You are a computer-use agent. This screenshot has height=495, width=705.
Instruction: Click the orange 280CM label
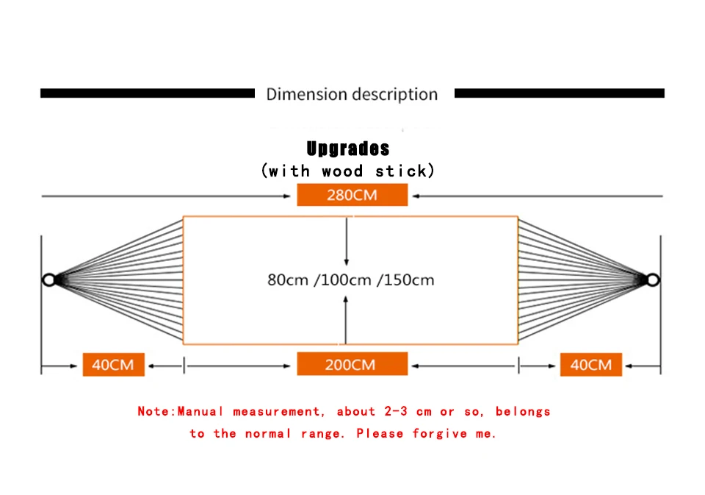352,195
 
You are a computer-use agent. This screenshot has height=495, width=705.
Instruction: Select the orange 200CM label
352,364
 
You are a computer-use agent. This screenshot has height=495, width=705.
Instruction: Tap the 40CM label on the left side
113,364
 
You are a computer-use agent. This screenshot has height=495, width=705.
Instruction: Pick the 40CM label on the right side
590,364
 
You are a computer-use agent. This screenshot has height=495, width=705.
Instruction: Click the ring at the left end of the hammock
43,279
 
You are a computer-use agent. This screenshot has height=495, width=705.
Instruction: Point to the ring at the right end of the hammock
659,279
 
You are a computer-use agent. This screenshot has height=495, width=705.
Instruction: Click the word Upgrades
348,149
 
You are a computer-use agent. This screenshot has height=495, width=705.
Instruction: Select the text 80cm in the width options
288,279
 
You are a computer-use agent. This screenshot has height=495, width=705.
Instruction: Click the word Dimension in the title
307,94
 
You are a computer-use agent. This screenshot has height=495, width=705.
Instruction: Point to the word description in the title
395,95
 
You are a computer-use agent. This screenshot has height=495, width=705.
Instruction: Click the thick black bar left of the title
148,93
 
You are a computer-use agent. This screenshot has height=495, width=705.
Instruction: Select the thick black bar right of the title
560,93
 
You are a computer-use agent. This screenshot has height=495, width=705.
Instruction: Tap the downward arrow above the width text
346,241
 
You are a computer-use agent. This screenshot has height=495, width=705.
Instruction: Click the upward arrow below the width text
345,320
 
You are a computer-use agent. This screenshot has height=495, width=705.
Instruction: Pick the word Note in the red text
153,411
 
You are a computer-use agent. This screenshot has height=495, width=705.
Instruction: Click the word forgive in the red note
440,434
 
